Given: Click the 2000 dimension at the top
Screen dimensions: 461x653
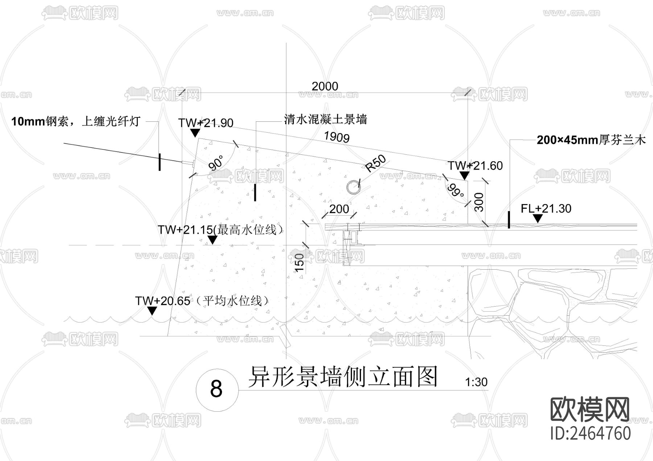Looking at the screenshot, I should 325,86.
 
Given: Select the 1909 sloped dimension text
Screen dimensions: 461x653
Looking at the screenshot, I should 337,137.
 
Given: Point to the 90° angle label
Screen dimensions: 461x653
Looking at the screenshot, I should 216,163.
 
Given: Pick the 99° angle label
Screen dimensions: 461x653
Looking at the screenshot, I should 455,191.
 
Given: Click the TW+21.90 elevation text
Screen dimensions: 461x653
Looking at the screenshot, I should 206,123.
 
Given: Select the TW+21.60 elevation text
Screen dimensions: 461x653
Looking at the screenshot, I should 475,166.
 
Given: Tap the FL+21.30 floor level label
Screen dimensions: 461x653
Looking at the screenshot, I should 546,208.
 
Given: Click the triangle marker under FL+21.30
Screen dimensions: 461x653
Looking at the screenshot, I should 537,218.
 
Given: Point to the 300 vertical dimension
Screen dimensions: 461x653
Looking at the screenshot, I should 479,202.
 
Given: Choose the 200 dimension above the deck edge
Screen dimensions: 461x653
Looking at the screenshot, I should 339,209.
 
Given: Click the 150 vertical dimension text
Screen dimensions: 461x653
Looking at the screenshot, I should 299,263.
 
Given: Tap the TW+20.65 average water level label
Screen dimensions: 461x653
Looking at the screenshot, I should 202,300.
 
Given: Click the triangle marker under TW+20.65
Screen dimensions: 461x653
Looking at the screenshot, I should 152,311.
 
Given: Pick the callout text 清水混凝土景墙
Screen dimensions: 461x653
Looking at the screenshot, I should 325,119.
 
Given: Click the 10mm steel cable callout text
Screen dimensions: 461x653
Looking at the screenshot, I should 76,121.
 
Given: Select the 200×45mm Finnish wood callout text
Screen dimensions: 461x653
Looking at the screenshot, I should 591,140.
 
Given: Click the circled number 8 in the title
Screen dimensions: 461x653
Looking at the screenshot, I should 216,389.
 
